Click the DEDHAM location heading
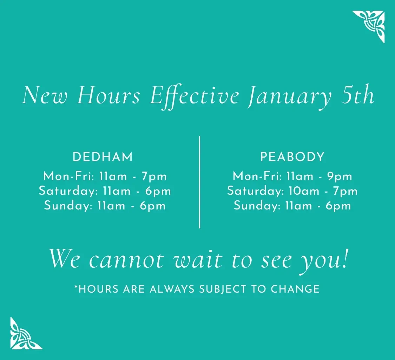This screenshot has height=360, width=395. click(x=103, y=157)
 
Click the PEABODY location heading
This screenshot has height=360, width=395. click(x=292, y=157)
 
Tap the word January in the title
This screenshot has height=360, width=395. click(x=289, y=96)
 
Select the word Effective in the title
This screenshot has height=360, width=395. click(x=195, y=96)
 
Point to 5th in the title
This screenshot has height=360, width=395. click(x=357, y=95)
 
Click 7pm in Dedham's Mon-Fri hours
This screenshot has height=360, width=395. click(x=154, y=176)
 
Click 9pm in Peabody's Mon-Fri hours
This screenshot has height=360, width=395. click(x=340, y=176)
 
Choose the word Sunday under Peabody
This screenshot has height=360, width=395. click(x=257, y=206)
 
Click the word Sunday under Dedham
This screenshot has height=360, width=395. click(x=68, y=206)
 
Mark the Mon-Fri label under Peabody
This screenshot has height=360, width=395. click(x=257, y=176)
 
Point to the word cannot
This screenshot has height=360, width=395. click(x=126, y=260)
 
